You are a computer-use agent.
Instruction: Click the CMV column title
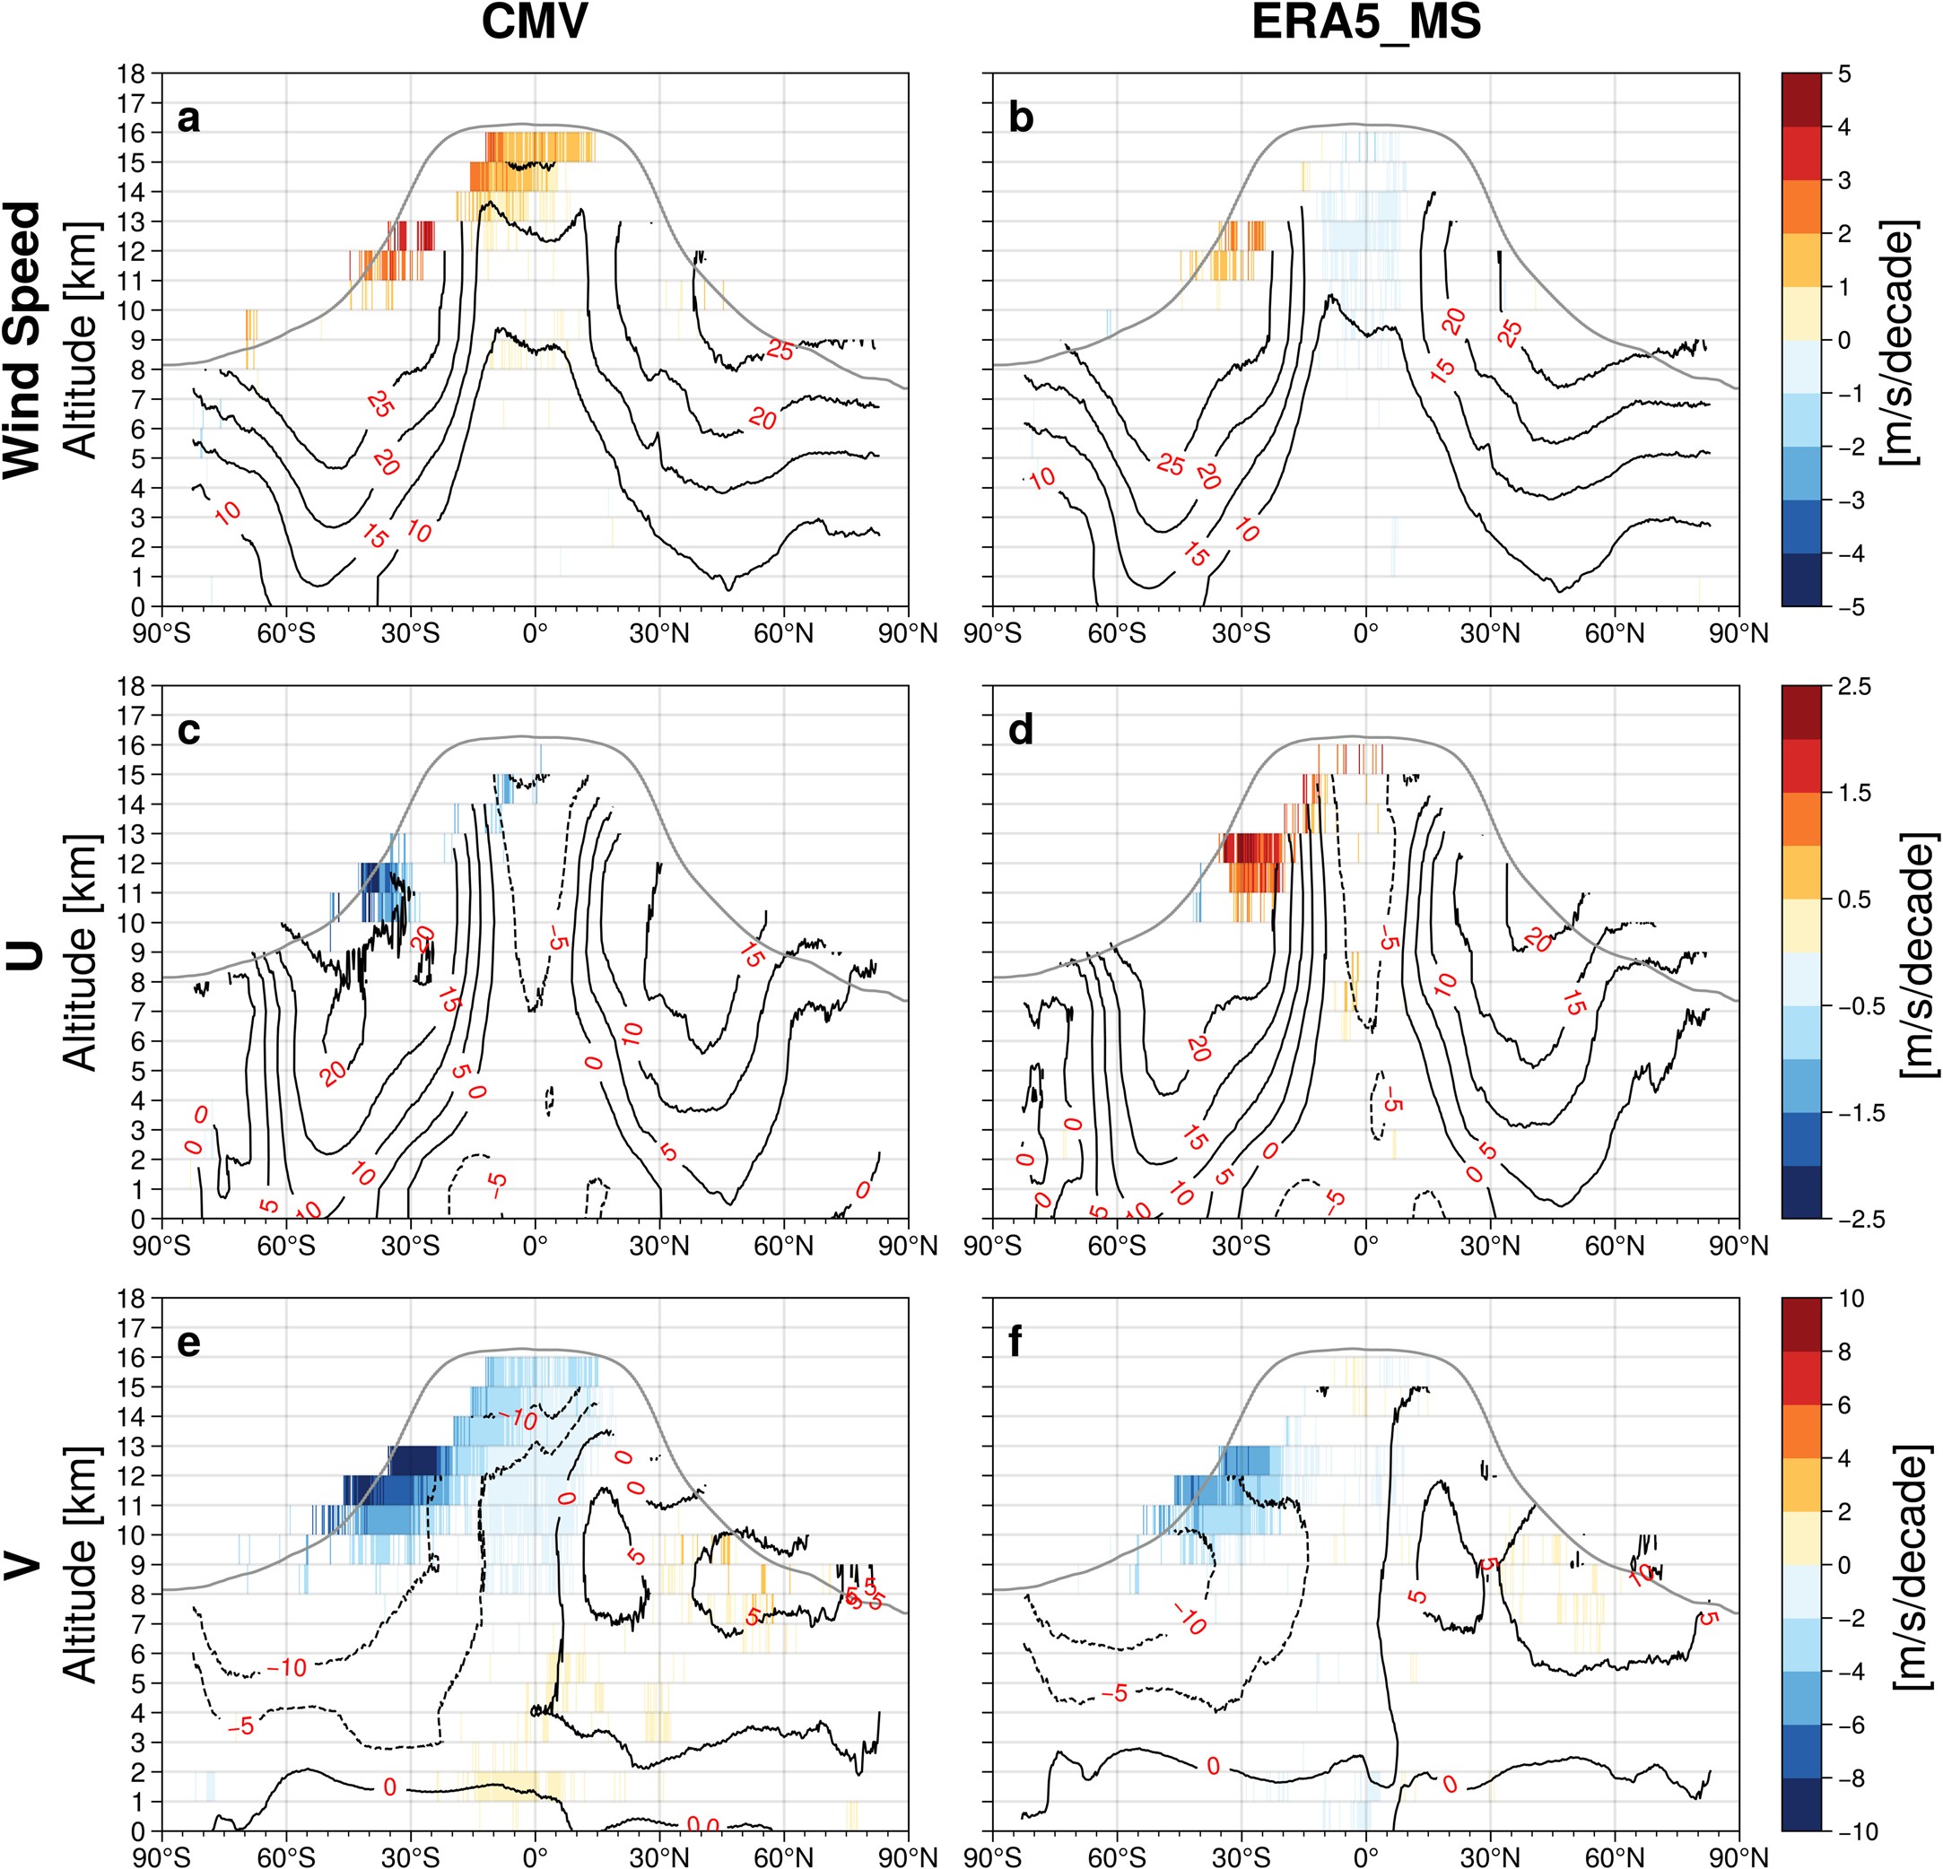click(x=535, y=22)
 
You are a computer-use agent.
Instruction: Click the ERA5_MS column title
click(x=1366, y=22)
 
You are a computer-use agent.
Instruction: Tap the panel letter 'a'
click(x=188, y=117)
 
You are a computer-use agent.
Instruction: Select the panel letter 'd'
click(x=1020, y=730)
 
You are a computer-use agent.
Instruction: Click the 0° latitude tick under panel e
click(x=536, y=1856)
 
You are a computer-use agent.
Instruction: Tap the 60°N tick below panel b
click(x=1614, y=632)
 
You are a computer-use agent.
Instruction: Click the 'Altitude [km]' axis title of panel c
click(x=81, y=952)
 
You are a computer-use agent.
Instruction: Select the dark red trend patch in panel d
click(x=1252, y=848)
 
